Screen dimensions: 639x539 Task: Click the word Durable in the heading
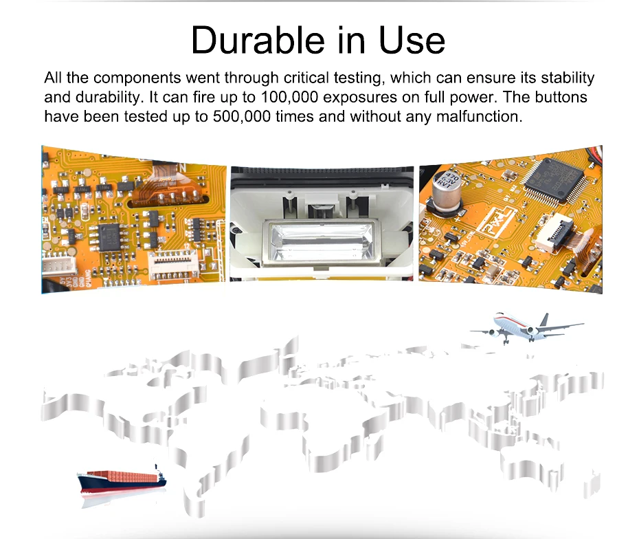[258, 40]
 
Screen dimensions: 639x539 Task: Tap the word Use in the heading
[412, 40]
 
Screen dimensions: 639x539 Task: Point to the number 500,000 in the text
[242, 117]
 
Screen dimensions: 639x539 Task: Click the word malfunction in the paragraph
[480, 117]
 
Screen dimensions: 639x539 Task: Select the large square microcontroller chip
[555, 180]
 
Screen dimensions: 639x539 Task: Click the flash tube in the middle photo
[322, 241]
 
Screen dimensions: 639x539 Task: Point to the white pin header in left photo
[58, 264]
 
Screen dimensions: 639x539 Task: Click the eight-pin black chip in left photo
[108, 237]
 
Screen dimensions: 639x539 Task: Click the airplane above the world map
[526, 327]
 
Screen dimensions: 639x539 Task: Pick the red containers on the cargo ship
[123, 475]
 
